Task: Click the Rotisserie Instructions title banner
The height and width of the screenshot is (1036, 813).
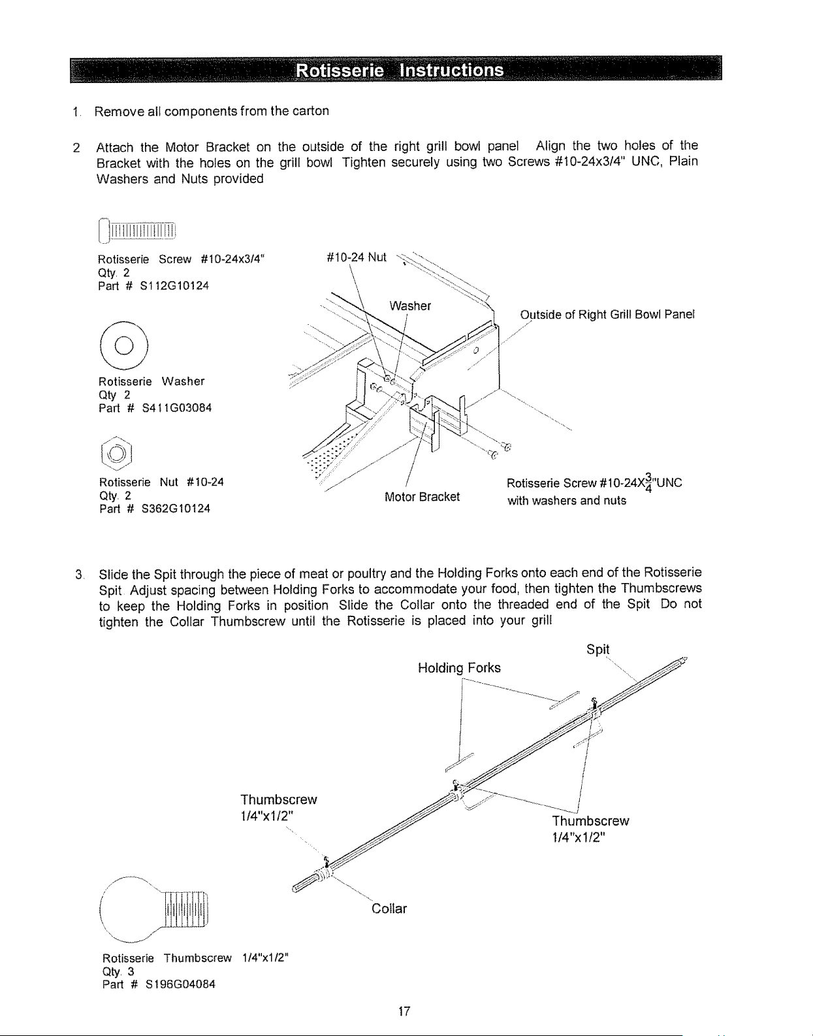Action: [396, 69]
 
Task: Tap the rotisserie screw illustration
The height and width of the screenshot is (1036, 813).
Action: [137, 231]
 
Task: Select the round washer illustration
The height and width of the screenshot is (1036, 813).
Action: [124, 346]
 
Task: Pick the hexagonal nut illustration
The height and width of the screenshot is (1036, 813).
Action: [116, 453]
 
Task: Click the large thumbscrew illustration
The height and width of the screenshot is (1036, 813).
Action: [154, 909]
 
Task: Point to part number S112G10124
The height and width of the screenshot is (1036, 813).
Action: [174, 286]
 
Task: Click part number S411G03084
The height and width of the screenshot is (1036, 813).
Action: [176, 408]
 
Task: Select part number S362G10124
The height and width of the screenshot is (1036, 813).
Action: [176, 509]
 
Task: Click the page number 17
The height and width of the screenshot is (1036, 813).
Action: [404, 1011]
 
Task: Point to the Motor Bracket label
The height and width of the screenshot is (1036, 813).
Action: [422, 497]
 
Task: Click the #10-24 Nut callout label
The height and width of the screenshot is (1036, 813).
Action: [357, 258]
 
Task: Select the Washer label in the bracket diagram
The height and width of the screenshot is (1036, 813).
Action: [410, 306]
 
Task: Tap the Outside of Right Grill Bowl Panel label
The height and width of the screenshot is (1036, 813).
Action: [607, 314]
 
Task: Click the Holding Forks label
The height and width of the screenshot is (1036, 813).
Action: [459, 668]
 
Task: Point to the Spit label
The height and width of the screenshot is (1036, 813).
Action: [598, 649]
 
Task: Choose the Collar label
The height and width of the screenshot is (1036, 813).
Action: [389, 909]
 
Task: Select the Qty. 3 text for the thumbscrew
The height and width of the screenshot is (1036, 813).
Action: [118, 971]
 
